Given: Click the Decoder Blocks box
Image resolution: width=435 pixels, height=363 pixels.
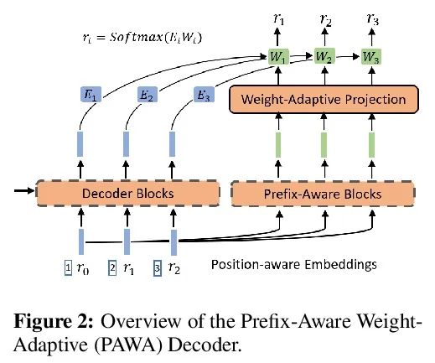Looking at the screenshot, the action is [128, 194].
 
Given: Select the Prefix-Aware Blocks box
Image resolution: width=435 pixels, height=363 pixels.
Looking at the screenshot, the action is [323, 194].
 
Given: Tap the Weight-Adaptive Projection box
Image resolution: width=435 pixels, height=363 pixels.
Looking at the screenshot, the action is [324, 99].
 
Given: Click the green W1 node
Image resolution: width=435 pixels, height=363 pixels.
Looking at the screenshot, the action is [278, 57].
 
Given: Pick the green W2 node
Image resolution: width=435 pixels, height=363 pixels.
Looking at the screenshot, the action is [324, 56].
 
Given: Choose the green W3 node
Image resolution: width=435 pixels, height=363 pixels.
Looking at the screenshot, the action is [371, 57].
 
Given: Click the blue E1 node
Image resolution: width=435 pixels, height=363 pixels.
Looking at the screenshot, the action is [91, 95].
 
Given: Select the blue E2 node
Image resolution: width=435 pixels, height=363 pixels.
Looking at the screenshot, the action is [148, 95].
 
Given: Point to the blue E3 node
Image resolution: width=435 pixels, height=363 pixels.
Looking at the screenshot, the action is [204, 95].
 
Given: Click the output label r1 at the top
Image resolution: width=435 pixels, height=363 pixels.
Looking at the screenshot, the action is [278, 19].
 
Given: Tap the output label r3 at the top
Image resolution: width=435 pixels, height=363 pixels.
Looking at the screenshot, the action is [373, 19].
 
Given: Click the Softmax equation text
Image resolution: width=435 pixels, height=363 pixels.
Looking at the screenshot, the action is [142, 38].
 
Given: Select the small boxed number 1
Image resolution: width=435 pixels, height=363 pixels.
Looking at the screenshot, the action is [68, 267].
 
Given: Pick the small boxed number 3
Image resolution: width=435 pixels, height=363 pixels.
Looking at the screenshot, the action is [158, 268].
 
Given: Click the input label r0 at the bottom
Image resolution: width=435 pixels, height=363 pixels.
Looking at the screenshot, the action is [83, 268].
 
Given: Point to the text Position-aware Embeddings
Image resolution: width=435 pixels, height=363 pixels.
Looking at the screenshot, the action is [294, 264].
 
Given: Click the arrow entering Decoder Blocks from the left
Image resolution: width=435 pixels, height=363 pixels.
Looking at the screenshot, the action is [24, 191].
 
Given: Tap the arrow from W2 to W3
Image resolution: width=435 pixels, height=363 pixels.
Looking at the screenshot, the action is [348, 56].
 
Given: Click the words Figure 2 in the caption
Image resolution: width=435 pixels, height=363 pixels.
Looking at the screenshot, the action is [54, 321].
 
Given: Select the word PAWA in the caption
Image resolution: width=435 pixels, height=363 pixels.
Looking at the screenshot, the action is [129, 345].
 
